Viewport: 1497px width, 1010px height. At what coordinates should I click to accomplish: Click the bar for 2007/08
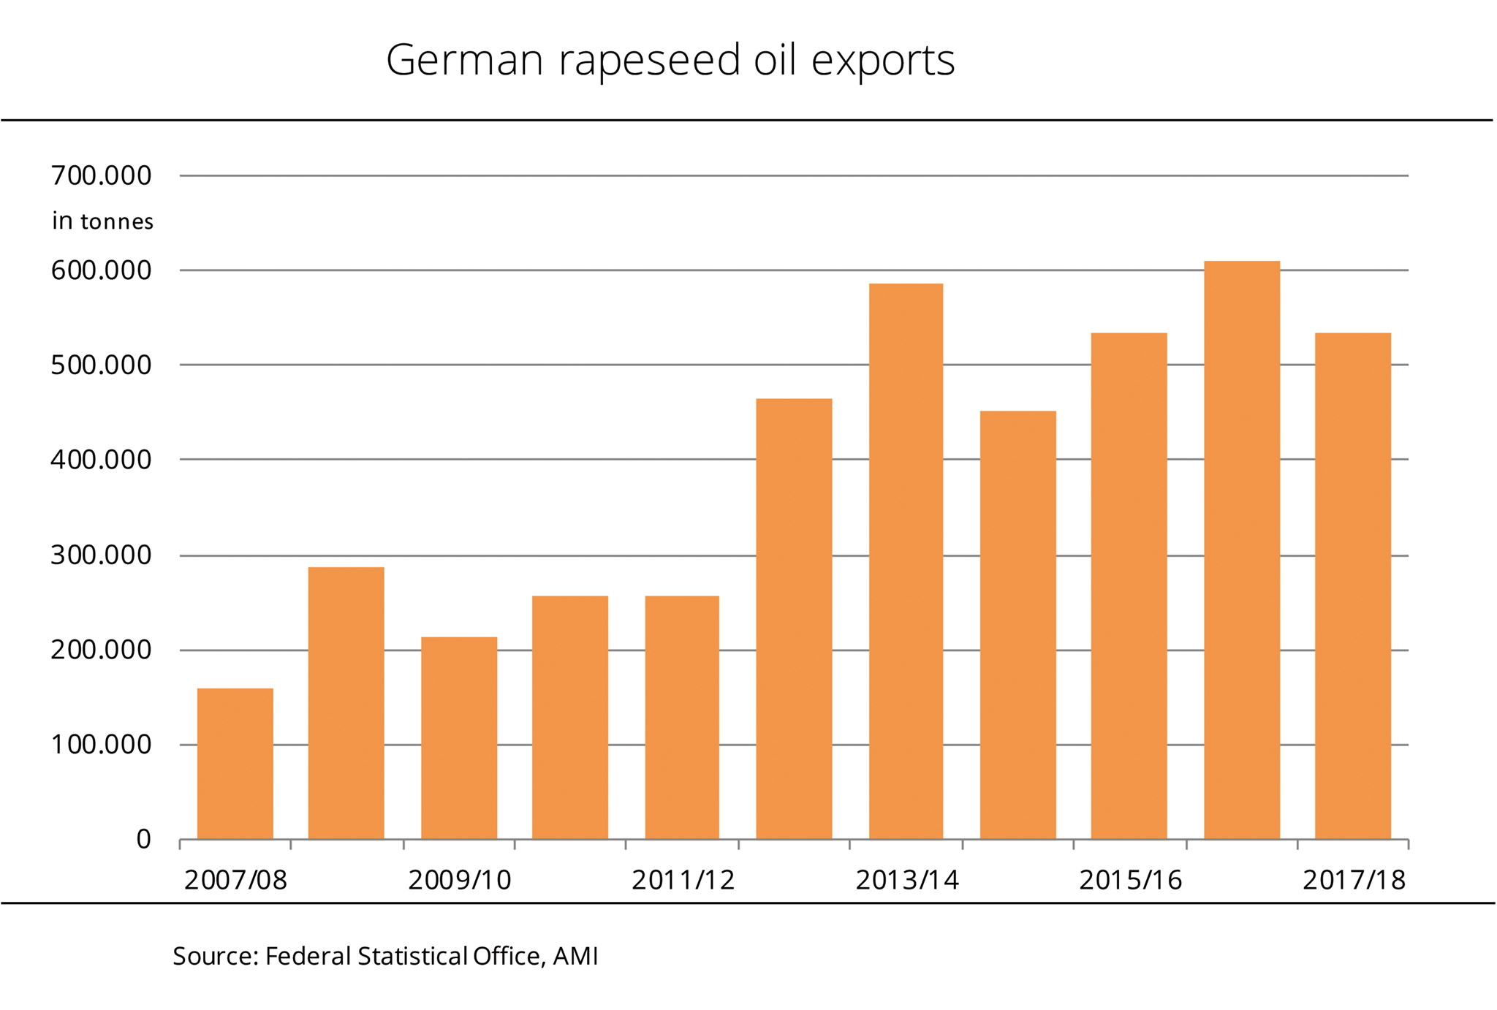pyautogui.click(x=235, y=764)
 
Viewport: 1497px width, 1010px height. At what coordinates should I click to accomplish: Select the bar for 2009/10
pyautogui.click(x=459, y=738)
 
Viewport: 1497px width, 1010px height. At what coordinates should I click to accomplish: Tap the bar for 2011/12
pyautogui.click(x=682, y=718)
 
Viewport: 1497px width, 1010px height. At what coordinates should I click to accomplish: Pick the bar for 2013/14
pyautogui.click(x=906, y=561)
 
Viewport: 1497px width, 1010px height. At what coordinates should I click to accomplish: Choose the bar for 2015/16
pyautogui.click(x=1129, y=586)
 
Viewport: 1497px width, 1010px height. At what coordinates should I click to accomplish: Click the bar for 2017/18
pyautogui.click(x=1352, y=586)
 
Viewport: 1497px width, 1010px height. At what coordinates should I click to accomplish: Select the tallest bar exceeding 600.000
pyautogui.click(x=1241, y=550)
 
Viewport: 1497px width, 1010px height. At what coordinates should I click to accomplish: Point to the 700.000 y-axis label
pyautogui.click(x=101, y=176)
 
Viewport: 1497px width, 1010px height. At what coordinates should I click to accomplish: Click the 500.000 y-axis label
pyautogui.click(x=101, y=365)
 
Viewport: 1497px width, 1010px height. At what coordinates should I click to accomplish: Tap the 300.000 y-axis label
pyautogui.click(x=101, y=555)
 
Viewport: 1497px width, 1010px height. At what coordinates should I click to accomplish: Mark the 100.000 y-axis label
pyautogui.click(x=101, y=745)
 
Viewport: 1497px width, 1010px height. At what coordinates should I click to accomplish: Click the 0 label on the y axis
pyautogui.click(x=143, y=840)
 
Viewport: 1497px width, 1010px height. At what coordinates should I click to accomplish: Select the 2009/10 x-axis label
pyautogui.click(x=459, y=881)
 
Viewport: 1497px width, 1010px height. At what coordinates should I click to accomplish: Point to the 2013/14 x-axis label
pyautogui.click(x=906, y=881)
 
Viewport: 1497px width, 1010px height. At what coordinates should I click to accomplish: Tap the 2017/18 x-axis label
pyautogui.click(x=1354, y=881)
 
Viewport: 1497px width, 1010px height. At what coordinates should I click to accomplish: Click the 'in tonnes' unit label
pyautogui.click(x=102, y=221)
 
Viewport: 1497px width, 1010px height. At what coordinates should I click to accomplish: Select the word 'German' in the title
pyautogui.click(x=464, y=61)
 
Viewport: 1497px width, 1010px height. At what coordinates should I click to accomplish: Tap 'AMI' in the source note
pyautogui.click(x=575, y=957)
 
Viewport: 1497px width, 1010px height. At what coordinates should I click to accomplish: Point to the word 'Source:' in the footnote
pyautogui.click(x=216, y=957)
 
